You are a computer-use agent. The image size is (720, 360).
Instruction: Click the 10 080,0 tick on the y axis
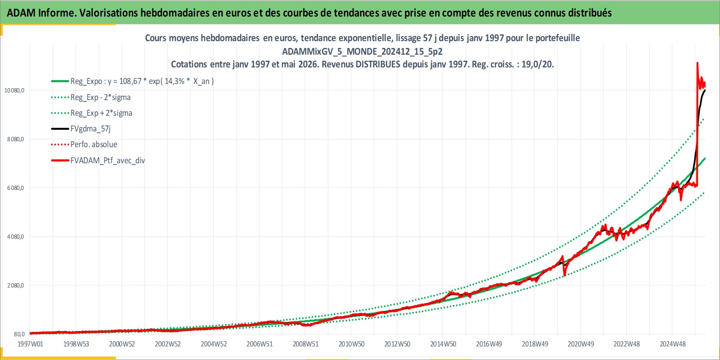(x=14, y=91)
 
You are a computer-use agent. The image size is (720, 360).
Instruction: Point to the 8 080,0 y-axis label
(x=15, y=140)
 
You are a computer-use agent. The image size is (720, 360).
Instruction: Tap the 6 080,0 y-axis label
(x=15, y=188)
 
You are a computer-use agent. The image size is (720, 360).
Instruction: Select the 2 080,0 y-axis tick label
(x=15, y=285)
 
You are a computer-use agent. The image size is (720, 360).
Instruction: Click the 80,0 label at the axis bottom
(x=19, y=334)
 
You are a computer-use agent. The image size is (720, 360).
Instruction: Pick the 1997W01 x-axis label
(x=30, y=344)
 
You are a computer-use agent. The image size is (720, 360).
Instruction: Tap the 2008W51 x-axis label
(x=305, y=344)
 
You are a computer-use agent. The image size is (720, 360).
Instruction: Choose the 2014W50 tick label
(x=443, y=344)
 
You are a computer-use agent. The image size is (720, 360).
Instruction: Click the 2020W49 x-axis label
(x=580, y=344)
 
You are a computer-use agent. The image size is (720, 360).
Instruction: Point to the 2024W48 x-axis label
(x=672, y=344)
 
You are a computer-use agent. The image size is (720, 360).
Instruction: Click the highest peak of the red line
(x=697, y=63)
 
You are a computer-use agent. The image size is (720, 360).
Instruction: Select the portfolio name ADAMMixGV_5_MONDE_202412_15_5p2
(x=362, y=51)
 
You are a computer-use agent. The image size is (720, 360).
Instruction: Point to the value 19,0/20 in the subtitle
(x=537, y=64)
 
